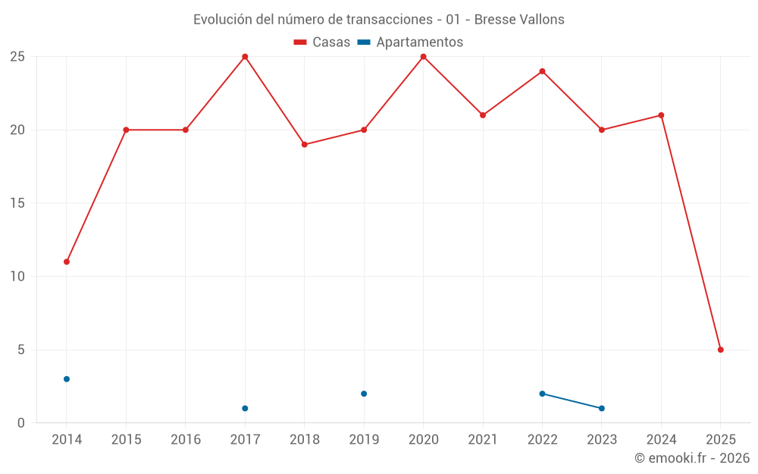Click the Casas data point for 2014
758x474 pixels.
coord(67,262)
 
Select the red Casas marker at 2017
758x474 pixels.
coord(245,57)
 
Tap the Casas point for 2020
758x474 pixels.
coord(423,57)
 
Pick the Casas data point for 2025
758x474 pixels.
coord(720,350)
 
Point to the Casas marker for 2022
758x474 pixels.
coord(542,71)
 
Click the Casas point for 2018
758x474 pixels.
coord(304,144)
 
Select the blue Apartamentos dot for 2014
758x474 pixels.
coord(67,379)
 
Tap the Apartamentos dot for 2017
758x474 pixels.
coord(245,408)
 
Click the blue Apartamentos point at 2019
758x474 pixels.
coord(364,394)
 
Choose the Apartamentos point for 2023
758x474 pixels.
coord(601,408)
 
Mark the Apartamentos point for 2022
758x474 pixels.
coord(542,394)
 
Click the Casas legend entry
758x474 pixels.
coord(322,42)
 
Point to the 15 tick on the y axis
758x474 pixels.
coord(17,203)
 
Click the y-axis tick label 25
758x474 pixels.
coord(17,57)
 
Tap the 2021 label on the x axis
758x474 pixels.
coord(482,440)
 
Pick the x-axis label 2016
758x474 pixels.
coord(186,440)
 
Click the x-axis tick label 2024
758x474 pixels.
coord(661,440)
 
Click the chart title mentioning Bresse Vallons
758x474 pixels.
coord(378,20)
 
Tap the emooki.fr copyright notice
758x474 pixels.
coord(691,458)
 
